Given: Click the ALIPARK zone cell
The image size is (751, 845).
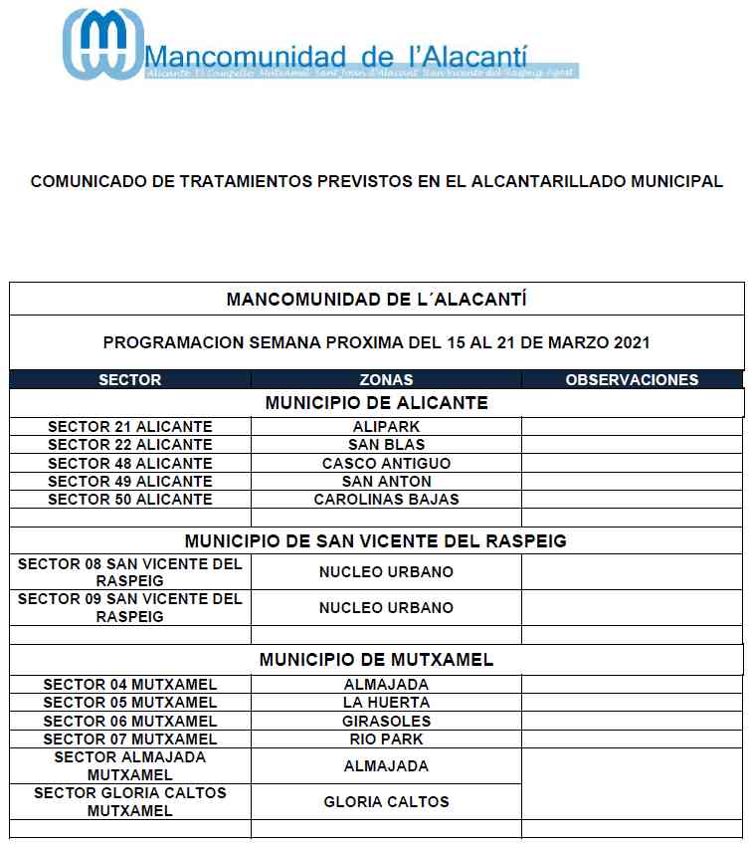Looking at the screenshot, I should [386, 427].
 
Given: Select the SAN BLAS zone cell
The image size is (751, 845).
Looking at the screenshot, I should [386, 445].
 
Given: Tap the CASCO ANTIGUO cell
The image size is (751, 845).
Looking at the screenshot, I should [386, 464].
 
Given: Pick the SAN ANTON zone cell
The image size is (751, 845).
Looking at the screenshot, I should [386, 482].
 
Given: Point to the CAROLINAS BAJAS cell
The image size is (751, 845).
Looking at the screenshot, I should [386, 500].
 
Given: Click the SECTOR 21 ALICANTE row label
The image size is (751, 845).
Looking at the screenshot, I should [130, 427].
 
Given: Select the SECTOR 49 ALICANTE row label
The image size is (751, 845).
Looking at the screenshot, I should [130, 482].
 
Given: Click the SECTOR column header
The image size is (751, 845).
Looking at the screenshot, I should [130, 379].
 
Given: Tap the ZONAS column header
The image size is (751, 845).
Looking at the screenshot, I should [386, 379].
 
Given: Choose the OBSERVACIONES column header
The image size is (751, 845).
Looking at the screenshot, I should [632, 379].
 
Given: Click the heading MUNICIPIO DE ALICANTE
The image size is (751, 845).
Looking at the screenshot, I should [376, 403].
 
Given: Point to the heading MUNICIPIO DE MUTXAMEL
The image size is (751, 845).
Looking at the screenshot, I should [376, 660].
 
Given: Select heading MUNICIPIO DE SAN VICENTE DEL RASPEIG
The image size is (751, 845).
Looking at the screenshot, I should [376, 541].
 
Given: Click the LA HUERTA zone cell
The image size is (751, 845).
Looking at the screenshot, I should [386, 703].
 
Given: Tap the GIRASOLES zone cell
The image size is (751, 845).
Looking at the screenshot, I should [386, 722].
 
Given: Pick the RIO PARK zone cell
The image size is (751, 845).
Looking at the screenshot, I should [386, 739].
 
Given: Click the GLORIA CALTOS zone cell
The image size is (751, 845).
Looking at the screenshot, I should [386, 802].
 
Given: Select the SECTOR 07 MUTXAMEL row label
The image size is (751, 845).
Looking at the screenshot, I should [130, 739].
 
